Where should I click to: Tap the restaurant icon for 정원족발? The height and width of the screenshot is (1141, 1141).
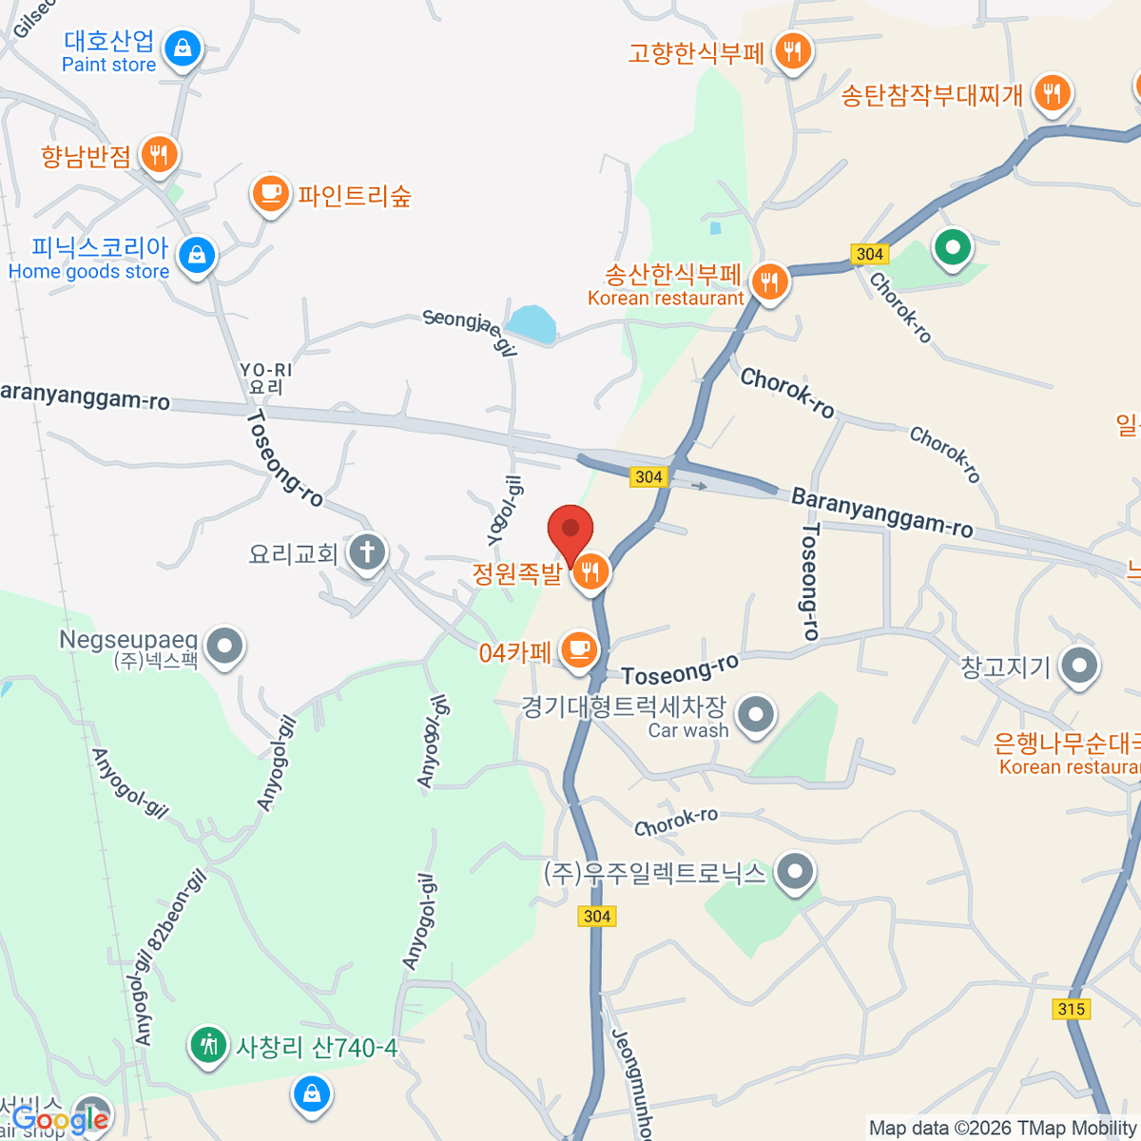coord(590,571)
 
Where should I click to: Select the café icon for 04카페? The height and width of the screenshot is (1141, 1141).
coord(578,650)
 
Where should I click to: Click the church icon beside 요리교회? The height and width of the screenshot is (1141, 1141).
coord(367,551)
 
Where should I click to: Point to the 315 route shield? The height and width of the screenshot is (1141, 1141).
coord(1072,1009)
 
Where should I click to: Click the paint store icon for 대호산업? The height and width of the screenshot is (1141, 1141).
coord(183,47)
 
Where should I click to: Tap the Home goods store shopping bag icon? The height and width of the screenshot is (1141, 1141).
coord(197,255)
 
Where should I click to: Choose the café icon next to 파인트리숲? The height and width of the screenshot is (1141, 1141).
coord(271,193)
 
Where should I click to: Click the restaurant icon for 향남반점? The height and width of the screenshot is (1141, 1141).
coord(159,154)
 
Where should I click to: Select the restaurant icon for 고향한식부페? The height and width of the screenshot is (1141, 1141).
coord(792,50)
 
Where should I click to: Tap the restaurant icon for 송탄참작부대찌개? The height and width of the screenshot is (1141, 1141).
coord(1051,93)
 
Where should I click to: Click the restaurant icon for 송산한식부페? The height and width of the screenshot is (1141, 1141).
coord(769,282)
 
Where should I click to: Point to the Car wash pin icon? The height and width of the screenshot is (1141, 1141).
coord(756,715)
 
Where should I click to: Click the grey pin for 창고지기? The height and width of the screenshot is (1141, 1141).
coord(1079,667)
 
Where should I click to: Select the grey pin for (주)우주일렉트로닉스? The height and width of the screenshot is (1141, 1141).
coord(795,871)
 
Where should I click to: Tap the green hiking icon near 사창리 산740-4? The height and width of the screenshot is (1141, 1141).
coord(207,1046)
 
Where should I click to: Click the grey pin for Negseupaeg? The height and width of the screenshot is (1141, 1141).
coord(225,648)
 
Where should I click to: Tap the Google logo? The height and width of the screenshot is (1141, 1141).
coord(59,1119)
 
